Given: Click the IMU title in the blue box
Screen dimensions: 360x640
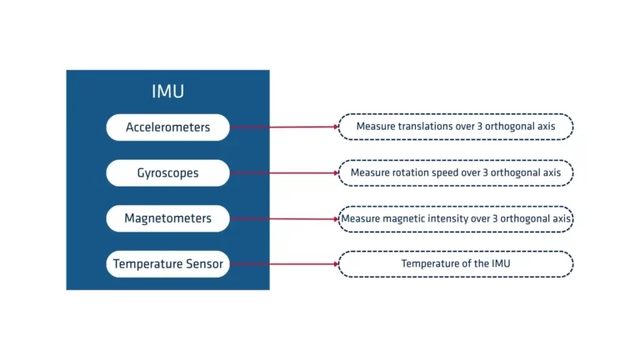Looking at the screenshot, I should click(x=167, y=92).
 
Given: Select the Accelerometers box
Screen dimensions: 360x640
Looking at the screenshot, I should click(x=167, y=127).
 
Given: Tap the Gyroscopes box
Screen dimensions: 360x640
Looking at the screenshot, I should click(x=167, y=173).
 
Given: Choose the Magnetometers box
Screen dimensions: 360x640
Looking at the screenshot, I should click(x=167, y=218).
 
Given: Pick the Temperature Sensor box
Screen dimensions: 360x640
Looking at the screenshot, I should click(x=167, y=264).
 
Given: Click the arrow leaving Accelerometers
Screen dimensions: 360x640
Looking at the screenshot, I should click(x=283, y=127).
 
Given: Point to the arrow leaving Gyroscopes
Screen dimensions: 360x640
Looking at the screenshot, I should click(x=283, y=173).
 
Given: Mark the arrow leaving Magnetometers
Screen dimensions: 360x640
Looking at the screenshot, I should click(x=283, y=219).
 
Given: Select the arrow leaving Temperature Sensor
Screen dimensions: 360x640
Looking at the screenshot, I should click(x=283, y=264).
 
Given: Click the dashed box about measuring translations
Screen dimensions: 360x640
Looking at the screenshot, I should click(x=455, y=127).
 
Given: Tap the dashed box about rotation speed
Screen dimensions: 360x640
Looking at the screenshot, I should click(x=455, y=173).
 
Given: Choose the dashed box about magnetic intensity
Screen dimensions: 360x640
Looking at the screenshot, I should click(x=455, y=219).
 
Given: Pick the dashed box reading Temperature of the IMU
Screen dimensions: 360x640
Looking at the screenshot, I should click(x=455, y=264).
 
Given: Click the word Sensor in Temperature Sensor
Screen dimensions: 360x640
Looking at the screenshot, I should click(x=205, y=264).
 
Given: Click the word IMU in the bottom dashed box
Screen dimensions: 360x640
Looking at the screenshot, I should click(x=499, y=264).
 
